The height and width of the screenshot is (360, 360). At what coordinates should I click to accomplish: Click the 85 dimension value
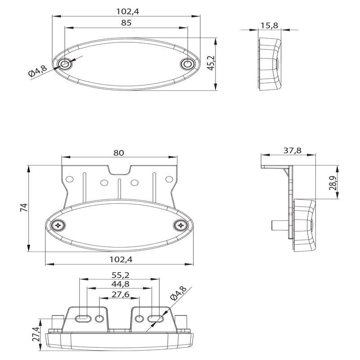126,23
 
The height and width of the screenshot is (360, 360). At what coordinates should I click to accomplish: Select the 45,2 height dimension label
211,63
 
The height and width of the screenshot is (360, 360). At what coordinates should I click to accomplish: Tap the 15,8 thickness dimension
269,26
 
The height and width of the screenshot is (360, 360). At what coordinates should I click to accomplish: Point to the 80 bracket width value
119,153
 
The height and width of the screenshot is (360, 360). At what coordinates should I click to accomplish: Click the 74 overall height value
24,207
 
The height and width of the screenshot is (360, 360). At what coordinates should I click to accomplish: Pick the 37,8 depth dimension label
292,150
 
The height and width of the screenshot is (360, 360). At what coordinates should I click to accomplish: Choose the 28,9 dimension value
333,183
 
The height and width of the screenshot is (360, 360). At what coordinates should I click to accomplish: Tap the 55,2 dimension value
121,274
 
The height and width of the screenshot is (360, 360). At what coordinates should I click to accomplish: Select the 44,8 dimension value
120,284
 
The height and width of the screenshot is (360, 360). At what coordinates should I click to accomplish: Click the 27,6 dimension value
121,294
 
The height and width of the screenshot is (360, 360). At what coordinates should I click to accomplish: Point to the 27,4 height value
36,334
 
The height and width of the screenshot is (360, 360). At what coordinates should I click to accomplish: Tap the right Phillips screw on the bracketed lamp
181,225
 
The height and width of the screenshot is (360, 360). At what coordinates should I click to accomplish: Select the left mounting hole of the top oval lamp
65,64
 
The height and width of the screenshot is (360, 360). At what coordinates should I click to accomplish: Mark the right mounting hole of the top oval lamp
188,64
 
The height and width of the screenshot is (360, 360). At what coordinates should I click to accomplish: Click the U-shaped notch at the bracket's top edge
119,171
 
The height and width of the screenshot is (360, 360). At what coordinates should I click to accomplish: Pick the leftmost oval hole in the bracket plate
69,179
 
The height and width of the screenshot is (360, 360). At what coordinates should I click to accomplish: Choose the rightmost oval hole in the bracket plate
169,179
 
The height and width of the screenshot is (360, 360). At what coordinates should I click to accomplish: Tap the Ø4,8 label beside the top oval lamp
37,71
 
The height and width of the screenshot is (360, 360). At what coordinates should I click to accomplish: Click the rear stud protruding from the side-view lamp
279,225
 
